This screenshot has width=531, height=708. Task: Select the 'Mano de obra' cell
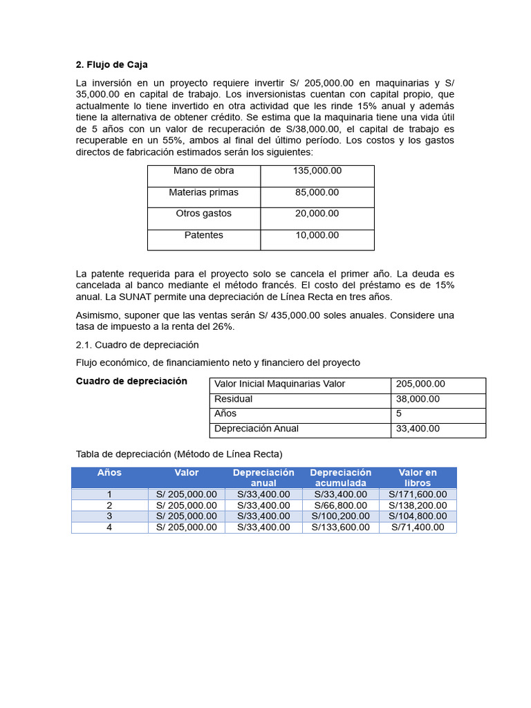(203, 171)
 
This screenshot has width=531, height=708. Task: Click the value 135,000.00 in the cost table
(317, 171)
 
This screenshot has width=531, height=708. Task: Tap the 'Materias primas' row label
(203, 192)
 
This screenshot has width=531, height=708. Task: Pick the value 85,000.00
(317, 192)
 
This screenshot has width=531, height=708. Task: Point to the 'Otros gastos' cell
(203, 214)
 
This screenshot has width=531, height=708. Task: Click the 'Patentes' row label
(203, 235)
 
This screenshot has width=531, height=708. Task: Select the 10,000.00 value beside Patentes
(317, 235)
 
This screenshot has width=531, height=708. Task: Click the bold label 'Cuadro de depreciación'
(131, 381)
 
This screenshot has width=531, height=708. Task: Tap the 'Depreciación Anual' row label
(257, 429)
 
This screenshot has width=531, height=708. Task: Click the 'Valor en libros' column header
(418, 478)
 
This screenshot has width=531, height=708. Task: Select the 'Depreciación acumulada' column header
(340, 478)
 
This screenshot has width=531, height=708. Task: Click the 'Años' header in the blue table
(109, 473)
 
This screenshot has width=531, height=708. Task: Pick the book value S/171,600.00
(418, 494)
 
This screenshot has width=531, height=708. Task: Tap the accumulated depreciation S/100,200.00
(340, 516)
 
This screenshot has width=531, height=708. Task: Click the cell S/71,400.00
(418, 528)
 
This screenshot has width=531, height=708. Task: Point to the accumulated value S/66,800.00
(340, 505)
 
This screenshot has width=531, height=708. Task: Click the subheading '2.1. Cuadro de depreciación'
(137, 344)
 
